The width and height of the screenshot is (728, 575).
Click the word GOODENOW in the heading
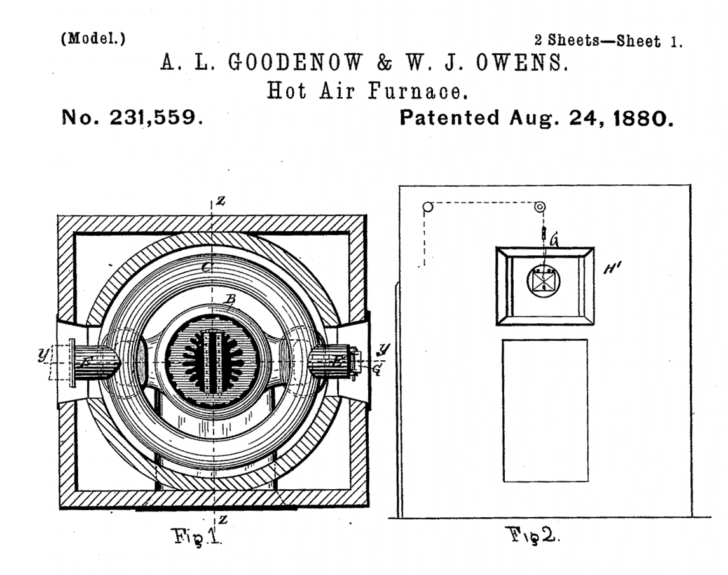295,62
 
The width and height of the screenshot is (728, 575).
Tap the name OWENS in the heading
522,63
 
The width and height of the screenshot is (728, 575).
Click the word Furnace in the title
418,90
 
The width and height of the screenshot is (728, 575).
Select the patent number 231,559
156,118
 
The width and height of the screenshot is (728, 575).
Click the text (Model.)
93,38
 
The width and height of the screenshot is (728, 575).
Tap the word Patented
450,118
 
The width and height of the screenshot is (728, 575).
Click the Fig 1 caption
196,536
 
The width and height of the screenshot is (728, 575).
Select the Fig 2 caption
532,535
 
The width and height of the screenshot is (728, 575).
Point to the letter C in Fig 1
207,267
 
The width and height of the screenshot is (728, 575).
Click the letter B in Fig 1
231,299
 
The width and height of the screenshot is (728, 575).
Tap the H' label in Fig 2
612,268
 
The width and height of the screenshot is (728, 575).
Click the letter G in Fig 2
554,241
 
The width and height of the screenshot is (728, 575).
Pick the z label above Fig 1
221,201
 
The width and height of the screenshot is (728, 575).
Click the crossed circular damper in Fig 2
543,281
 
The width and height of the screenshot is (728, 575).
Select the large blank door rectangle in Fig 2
545,410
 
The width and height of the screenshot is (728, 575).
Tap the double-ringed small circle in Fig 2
540,207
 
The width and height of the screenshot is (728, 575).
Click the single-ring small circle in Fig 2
428,207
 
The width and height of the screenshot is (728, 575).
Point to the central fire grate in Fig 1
212,361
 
